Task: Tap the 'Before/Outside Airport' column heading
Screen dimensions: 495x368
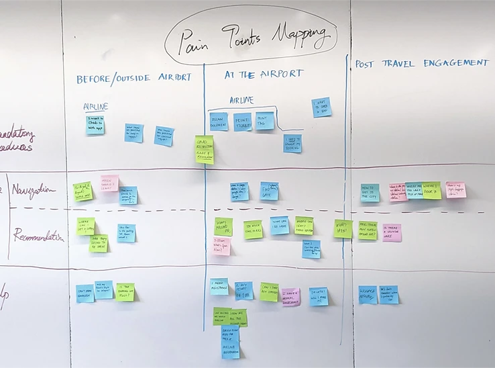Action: tap(134, 79)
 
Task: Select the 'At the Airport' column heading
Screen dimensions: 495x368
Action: tap(264, 74)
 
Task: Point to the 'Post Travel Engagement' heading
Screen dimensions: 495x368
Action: tap(423, 63)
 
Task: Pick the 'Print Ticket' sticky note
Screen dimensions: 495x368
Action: tap(243, 122)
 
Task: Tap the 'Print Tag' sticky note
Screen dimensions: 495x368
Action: tap(265, 121)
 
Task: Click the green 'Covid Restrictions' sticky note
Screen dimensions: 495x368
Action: tap(205, 149)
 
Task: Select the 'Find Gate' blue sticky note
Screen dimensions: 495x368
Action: tap(269, 190)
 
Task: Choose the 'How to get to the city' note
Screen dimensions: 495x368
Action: tap(370, 192)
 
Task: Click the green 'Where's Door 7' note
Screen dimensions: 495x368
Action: tap(432, 189)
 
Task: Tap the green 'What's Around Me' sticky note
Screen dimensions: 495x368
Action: tap(223, 226)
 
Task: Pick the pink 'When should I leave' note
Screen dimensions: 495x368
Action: tap(109, 183)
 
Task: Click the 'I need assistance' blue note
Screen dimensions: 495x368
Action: tap(219, 287)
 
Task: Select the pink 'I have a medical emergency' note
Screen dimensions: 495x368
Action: tap(291, 296)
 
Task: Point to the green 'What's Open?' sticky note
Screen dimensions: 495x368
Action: tap(343, 228)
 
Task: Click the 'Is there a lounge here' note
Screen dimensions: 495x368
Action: tap(392, 232)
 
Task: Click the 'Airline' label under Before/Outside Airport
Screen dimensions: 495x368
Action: tap(96, 106)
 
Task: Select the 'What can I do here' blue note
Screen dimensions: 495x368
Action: tap(280, 224)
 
